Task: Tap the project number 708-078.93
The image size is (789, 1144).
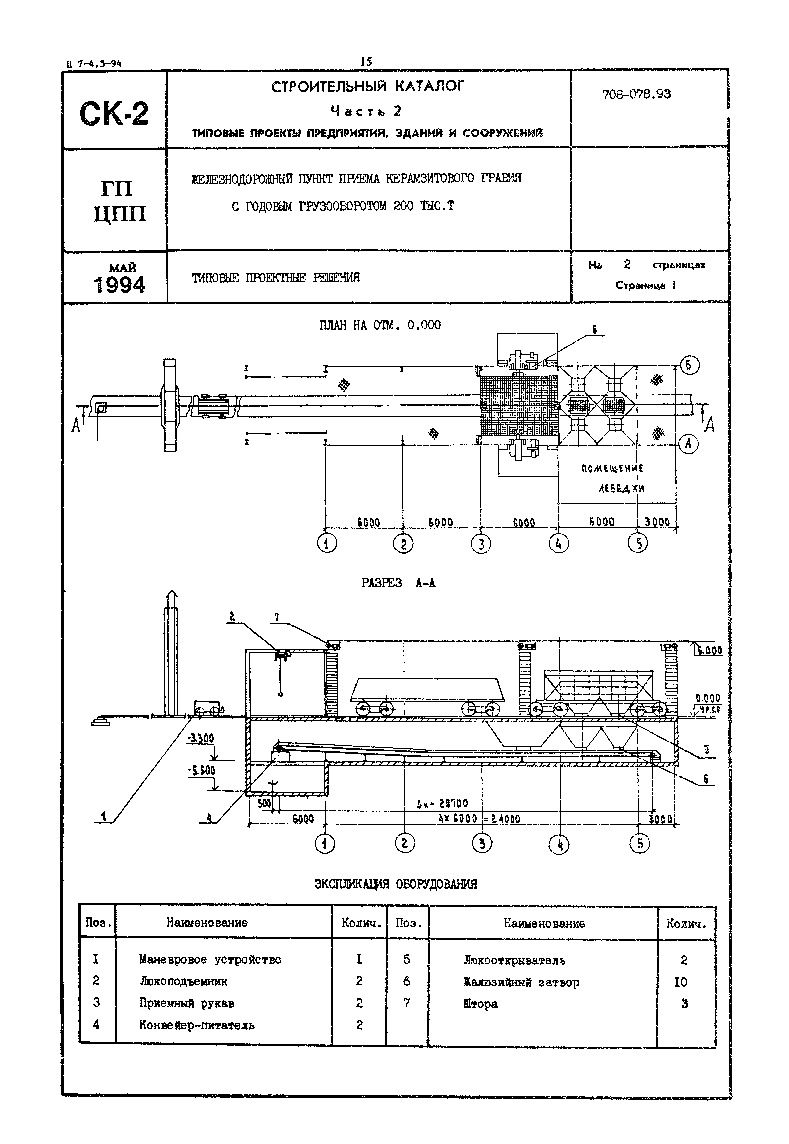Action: pos(636,94)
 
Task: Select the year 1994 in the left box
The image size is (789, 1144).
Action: pos(120,285)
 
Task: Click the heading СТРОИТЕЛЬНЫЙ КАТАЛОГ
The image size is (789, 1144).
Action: pos(368,87)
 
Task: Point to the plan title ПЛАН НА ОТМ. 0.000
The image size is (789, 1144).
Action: pos(380,325)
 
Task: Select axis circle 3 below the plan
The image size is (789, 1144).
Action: pos(481,544)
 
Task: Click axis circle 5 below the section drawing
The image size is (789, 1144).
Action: pos(640,843)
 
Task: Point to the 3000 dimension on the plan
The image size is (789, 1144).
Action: pos(657,522)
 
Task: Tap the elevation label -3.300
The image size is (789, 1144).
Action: pos(201,739)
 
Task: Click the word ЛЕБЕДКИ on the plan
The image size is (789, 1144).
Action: pos(621,488)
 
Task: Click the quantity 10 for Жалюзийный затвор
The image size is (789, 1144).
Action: pos(681,982)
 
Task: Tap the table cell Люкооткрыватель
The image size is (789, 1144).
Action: pos(514,960)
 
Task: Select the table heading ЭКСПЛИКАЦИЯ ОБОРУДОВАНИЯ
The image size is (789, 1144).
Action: pos(396,884)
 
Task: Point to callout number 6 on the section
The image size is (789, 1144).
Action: pos(705,779)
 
